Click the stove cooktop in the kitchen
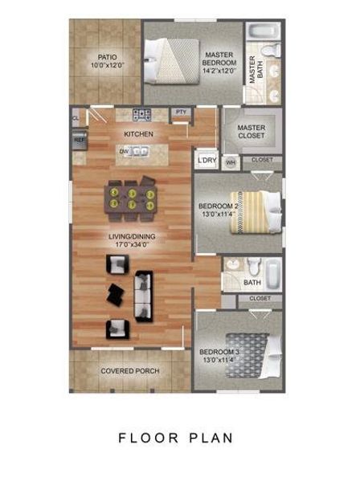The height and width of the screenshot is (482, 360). pyautogui.click(x=143, y=113)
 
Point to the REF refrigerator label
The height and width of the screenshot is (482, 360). pyautogui.click(x=79, y=140)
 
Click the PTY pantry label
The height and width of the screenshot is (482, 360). pyautogui.click(x=181, y=112)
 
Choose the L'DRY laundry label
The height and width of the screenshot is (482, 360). pyautogui.click(x=207, y=161)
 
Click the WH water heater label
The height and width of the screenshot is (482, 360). pyautogui.click(x=231, y=162)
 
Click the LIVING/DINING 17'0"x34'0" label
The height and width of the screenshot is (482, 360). pyautogui.click(x=133, y=240)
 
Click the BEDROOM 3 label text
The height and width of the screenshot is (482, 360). pyautogui.click(x=219, y=353)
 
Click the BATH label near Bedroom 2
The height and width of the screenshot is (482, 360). pyautogui.click(x=252, y=283)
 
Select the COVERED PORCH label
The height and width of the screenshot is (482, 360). pyautogui.click(x=129, y=371)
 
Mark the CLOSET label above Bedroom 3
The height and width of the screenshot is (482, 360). pyautogui.click(x=260, y=298)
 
